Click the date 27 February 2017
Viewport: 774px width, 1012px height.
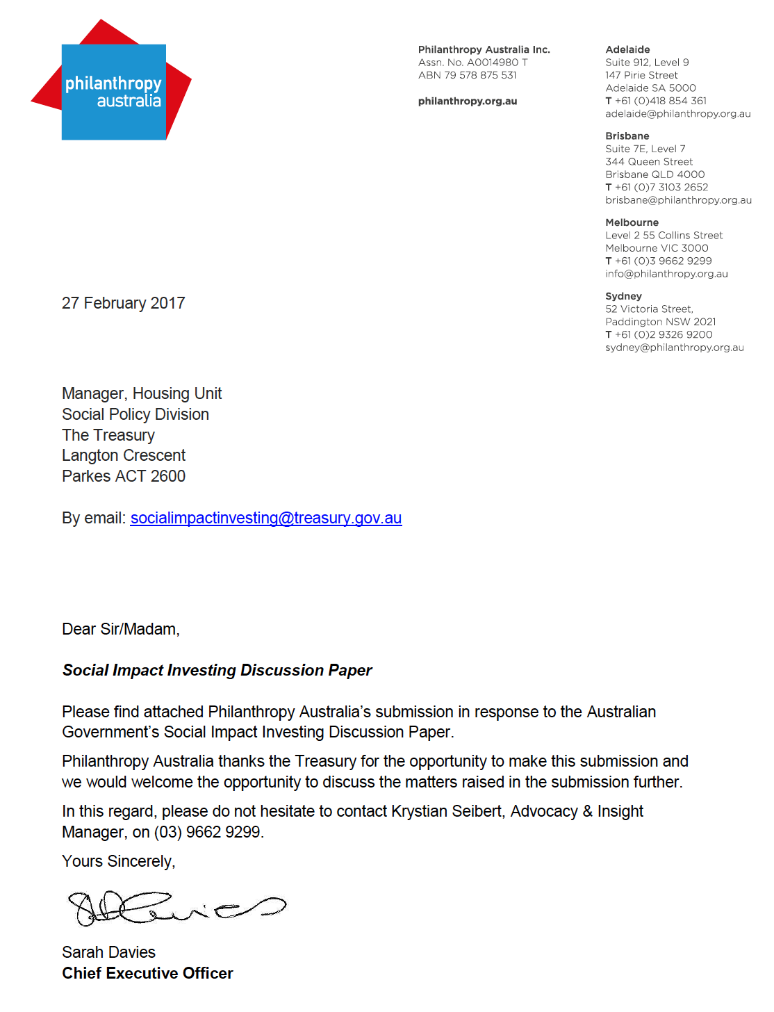pyautogui.click(x=123, y=303)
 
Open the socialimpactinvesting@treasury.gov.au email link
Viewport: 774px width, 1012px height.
pyautogui.click(x=265, y=518)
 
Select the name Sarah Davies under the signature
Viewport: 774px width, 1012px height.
pyautogui.click(x=108, y=952)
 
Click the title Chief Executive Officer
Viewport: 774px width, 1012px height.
pyautogui.click(x=147, y=973)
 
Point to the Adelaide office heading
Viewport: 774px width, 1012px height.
pyautogui.click(x=627, y=49)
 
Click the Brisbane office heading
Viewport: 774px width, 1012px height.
pyautogui.click(x=627, y=136)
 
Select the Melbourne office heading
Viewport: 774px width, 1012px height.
pyautogui.click(x=632, y=222)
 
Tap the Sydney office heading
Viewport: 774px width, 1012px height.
pyautogui.click(x=623, y=296)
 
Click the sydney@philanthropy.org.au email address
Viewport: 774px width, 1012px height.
pyautogui.click(x=674, y=348)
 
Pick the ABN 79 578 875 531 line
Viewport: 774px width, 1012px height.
pyautogui.click(x=467, y=75)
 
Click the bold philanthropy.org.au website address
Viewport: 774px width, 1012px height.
pyautogui.click(x=467, y=101)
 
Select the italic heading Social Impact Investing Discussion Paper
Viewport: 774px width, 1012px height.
pyautogui.click(x=217, y=670)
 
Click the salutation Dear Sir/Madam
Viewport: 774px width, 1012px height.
pyautogui.click(x=120, y=629)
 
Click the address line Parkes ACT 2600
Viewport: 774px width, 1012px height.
pyautogui.click(x=124, y=476)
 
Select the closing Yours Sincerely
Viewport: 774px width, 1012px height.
pyautogui.click(x=118, y=861)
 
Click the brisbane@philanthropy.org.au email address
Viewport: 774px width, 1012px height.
pyautogui.click(x=678, y=200)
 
